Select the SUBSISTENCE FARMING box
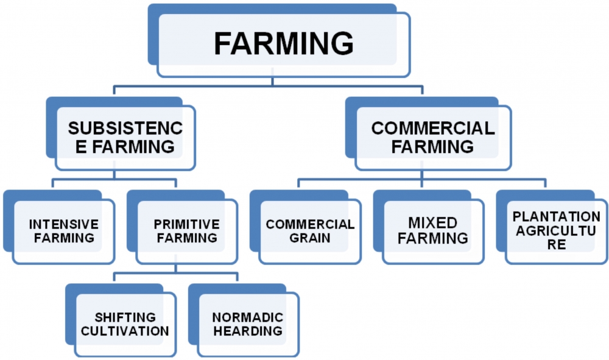pyautogui.click(x=125, y=138)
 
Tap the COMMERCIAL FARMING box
pyautogui.click(x=433, y=138)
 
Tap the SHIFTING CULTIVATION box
pyautogui.click(x=125, y=325)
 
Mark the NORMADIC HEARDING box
pyautogui.click(x=248, y=325)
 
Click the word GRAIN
pyautogui.click(x=310, y=238)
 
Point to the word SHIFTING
pyautogui.click(x=125, y=317)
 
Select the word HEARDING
pyautogui.click(x=248, y=332)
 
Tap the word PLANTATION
pyautogui.click(x=556, y=217)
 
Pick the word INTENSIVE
pyautogui.click(x=63, y=224)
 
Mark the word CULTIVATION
pyautogui.click(x=125, y=332)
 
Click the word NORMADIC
pyautogui.click(x=248, y=317)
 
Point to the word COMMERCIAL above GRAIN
pyautogui.click(x=310, y=224)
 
